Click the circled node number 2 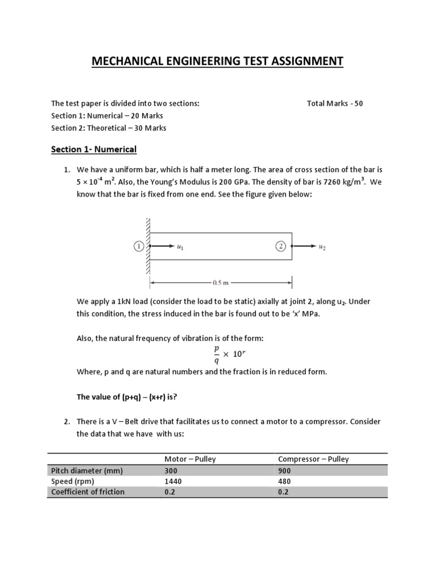281,246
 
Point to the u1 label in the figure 180,247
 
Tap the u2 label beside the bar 322,247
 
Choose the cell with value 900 284,470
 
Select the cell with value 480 284,481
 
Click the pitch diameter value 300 171,470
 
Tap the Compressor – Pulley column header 313,459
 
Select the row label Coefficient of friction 88,492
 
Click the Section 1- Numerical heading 94,150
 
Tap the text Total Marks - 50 335,104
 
